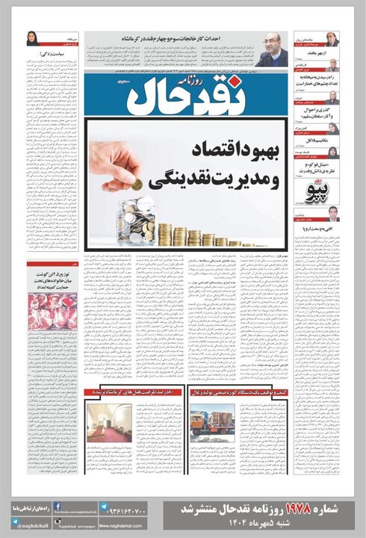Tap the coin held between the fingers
tap(137, 184)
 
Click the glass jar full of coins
tap(135, 221)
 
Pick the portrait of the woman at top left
tap(31, 39)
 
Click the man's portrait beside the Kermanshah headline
tap(274, 49)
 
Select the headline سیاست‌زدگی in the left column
tap(52, 55)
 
